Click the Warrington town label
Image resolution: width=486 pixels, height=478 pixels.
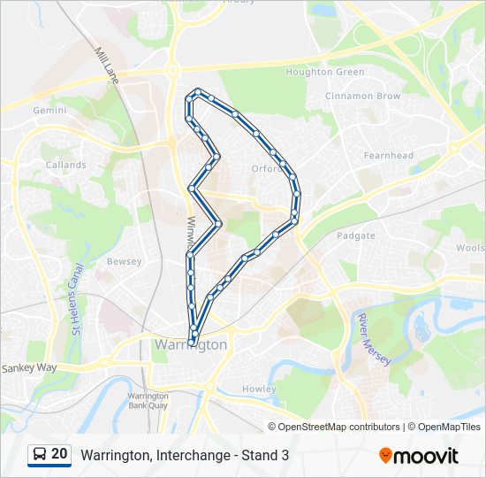tap(190, 344)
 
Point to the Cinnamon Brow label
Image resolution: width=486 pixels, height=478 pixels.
tap(362, 96)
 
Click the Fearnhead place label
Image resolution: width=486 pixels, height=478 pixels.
tap(388, 155)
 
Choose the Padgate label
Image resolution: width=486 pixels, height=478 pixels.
tap(356, 235)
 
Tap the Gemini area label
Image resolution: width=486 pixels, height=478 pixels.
tap(49, 111)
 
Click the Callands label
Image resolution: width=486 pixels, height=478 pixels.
tap(66, 165)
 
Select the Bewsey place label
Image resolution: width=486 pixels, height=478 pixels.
tap(124, 262)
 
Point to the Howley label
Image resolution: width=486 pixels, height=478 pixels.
tap(259, 389)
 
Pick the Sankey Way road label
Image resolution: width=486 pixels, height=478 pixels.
tap(29, 367)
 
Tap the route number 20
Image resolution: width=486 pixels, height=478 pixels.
tap(59, 454)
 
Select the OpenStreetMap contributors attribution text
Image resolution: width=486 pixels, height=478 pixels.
tap(339, 427)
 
